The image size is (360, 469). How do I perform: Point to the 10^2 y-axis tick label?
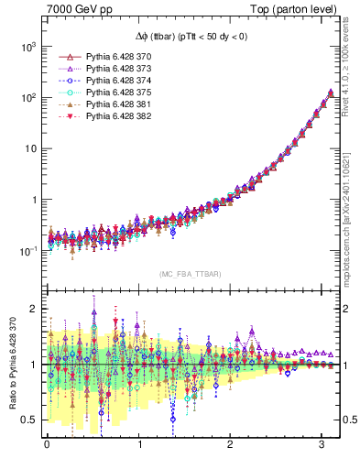(27, 97)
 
